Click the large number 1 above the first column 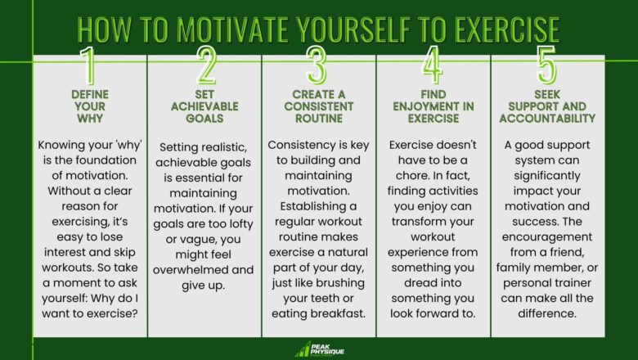click(x=90, y=65)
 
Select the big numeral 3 click(x=319, y=65)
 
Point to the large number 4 click(x=434, y=65)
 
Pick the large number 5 click(x=547, y=65)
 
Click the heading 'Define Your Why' click(x=90, y=106)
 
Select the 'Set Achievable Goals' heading click(x=204, y=106)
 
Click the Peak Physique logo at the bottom click(x=319, y=349)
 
